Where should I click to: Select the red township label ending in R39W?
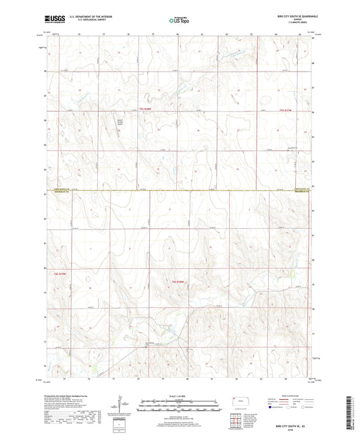61,274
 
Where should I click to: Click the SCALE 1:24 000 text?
180,395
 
